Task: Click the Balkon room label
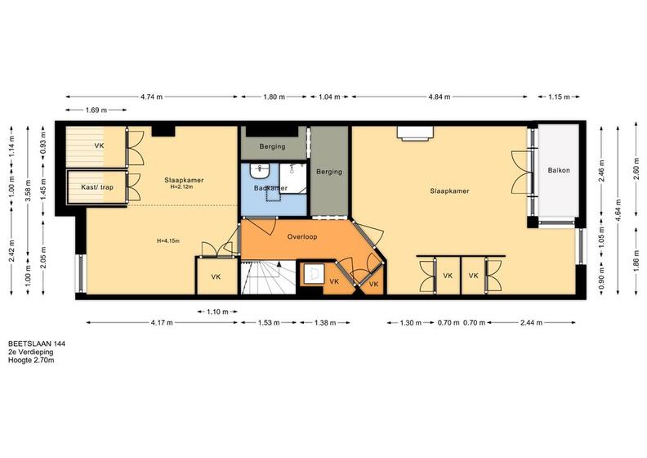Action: (x=559, y=170)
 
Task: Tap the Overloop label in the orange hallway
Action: (x=302, y=237)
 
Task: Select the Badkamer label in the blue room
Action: (x=270, y=188)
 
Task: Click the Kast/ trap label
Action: (x=97, y=187)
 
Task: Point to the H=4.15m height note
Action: (x=168, y=240)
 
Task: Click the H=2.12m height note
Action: (x=182, y=186)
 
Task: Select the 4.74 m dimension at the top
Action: (x=151, y=97)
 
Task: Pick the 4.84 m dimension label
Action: (x=440, y=97)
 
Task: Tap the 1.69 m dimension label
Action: (x=96, y=110)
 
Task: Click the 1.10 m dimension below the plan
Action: (x=217, y=312)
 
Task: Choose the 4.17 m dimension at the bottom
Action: (x=162, y=322)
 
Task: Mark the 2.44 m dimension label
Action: (x=532, y=322)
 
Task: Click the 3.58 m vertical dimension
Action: (x=28, y=191)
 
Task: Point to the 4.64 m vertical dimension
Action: (x=618, y=210)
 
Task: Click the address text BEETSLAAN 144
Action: (x=37, y=343)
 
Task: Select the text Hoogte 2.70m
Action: (x=31, y=360)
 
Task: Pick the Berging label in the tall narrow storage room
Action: (x=329, y=172)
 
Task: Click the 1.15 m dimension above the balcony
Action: (x=559, y=97)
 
